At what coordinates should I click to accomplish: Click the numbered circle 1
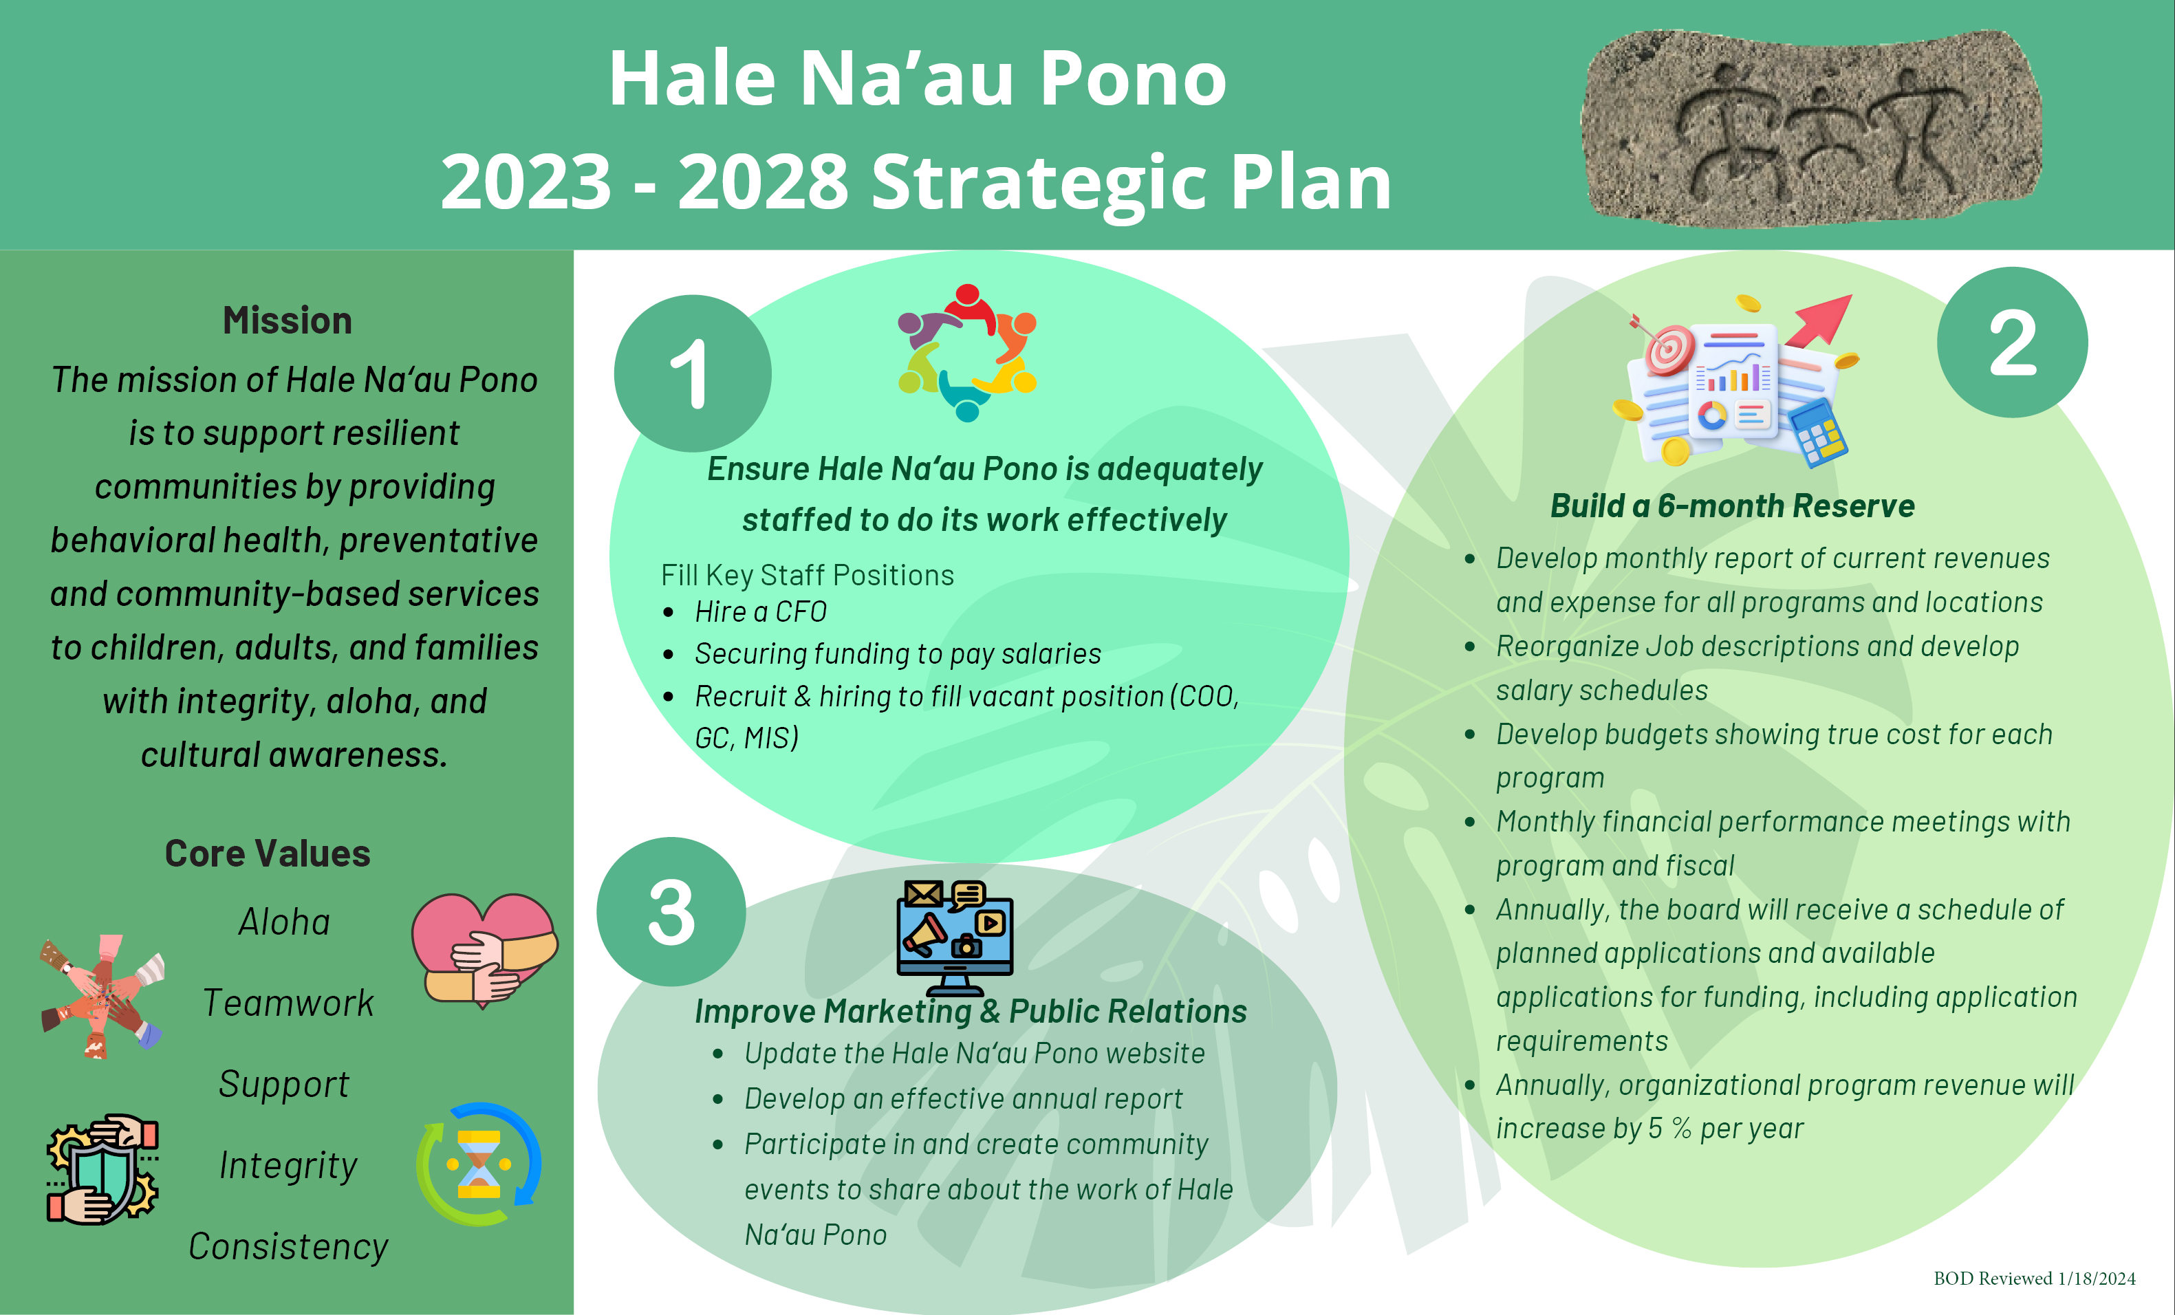[693, 373]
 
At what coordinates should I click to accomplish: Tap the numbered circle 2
[2013, 343]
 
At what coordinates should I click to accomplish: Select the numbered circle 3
[672, 912]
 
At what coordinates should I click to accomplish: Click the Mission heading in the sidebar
[288, 320]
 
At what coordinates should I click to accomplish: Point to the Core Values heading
[268, 854]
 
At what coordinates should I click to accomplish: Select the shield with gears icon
[102, 1169]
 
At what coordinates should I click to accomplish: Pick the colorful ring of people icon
[967, 353]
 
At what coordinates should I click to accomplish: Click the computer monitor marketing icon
[955, 938]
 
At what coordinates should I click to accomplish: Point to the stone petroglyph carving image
[1811, 128]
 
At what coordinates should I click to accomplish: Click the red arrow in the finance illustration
[1820, 320]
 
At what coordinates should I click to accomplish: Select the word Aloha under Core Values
[284, 922]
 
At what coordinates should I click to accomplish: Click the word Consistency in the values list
[289, 1247]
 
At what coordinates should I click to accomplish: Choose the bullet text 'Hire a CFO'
[761, 611]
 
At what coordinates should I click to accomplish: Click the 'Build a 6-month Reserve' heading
[1733, 506]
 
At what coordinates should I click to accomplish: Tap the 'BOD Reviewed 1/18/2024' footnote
[2035, 1278]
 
